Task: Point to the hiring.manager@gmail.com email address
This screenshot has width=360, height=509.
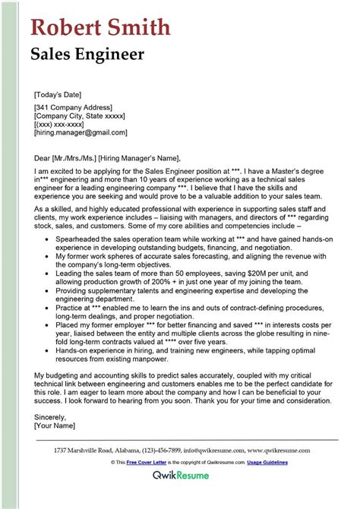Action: pos(81,132)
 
